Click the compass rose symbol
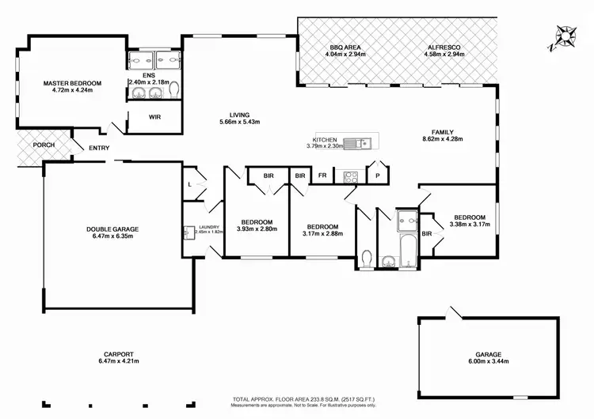[x=566, y=36]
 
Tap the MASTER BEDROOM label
[x=72, y=83]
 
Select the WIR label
[x=155, y=116]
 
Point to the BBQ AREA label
[x=346, y=48]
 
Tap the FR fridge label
[x=322, y=176]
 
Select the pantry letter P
[x=378, y=176]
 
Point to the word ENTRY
[x=99, y=149]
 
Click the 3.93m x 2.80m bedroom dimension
[x=257, y=229]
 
